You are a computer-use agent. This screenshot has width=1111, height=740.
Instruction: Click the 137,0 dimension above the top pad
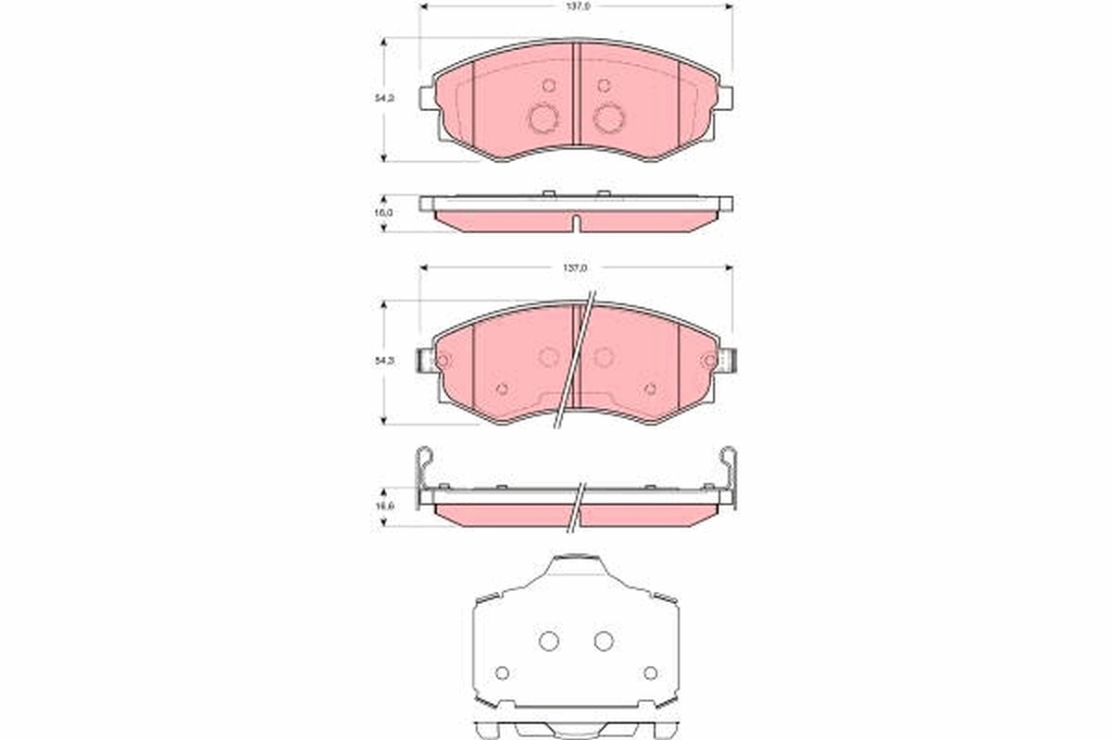click(x=576, y=6)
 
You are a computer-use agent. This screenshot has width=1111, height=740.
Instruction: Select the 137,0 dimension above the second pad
click(x=576, y=267)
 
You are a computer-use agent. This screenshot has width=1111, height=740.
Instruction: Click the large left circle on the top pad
click(x=543, y=117)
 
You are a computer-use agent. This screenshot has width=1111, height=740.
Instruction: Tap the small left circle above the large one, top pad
click(x=548, y=85)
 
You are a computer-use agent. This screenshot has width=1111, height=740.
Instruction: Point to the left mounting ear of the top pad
click(x=427, y=97)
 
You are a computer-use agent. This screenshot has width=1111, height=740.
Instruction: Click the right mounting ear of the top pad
click(x=725, y=97)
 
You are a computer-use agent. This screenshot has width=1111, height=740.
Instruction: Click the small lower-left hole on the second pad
click(x=502, y=388)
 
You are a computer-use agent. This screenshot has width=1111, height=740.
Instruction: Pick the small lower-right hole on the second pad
click(x=650, y=388)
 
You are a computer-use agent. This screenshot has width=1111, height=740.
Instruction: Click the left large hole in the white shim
click(x=548, y=640)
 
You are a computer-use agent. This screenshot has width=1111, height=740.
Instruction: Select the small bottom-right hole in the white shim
click(x=650, y=672)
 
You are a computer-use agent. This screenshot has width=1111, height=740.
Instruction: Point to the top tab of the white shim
click(x=576, y=561)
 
